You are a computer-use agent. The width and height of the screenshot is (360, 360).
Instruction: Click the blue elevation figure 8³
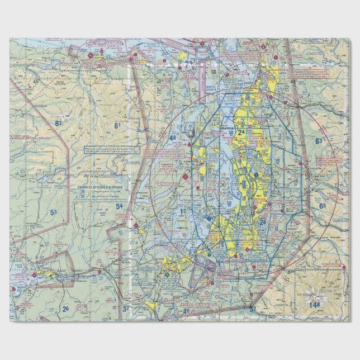pos(58,122)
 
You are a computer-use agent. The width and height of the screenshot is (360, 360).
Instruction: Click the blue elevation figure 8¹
pos(117,125)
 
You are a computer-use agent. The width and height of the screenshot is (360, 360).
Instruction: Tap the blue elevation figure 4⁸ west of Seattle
pos(173,138)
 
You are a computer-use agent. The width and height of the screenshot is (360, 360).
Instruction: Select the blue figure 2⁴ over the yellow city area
pos(241,132)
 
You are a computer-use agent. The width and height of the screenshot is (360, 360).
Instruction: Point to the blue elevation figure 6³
pos(319,141)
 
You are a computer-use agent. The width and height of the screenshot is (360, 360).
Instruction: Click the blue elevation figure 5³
pos(53,212)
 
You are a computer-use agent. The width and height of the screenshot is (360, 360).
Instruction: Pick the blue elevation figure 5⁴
pos(119,206)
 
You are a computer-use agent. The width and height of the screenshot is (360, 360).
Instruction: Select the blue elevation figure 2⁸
pos(263,222)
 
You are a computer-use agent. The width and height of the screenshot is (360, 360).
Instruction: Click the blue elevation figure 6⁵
pos(323,206)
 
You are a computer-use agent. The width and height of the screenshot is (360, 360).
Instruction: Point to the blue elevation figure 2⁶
pos(65,309)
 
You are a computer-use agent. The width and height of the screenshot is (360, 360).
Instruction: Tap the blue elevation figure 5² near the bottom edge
pos(253,309)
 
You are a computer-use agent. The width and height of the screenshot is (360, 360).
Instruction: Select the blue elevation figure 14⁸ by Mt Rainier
pos(316,304)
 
